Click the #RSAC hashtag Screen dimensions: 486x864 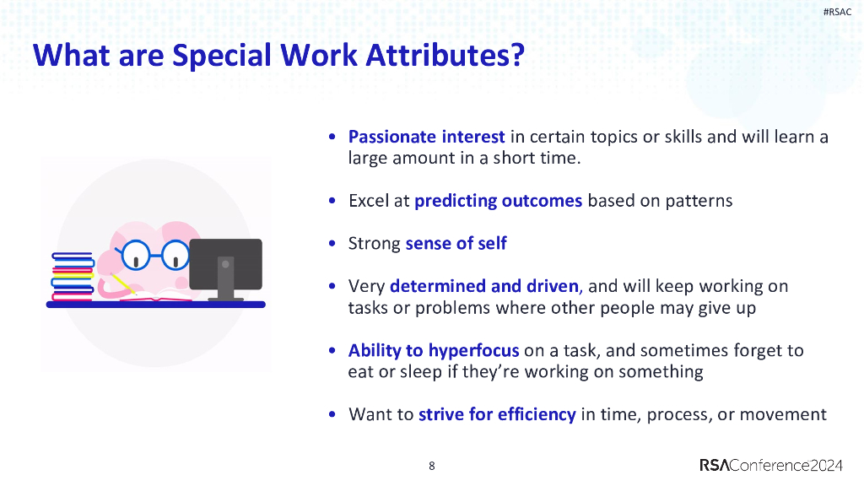pos(837,12)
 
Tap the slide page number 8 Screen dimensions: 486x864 pos(432,466)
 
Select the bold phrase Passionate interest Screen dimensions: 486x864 pos(426,137)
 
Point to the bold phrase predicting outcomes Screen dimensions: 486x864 pos(498,201)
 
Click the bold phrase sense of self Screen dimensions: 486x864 pos(456,244)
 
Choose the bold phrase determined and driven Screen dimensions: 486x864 pos(484,286)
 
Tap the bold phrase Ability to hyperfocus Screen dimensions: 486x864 pos(434,350)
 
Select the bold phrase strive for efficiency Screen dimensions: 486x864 pos(497,414)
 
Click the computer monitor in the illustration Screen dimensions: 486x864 pos(225,263)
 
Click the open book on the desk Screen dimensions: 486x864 pos(156,295)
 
